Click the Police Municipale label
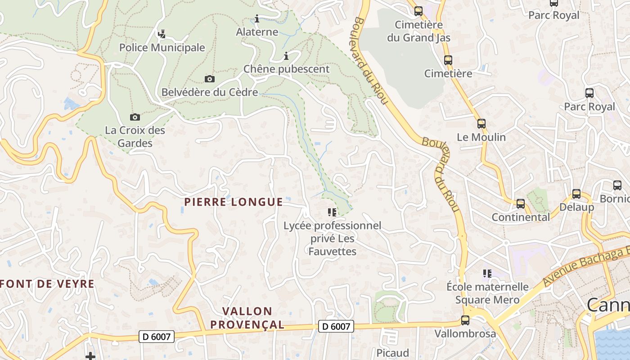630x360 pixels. point(162,48)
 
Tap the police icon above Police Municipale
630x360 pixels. point(162,33)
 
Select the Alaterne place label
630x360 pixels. point(257,32)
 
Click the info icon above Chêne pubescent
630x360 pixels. point(286,56)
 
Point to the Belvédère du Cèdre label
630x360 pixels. point(210,92)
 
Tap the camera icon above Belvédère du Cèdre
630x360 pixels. point(210,79)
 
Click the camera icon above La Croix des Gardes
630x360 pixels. point(135,117)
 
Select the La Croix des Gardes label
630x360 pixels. point(135,137)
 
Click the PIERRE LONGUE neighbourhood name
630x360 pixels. point(234,202)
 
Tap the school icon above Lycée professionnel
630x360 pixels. point(332,212)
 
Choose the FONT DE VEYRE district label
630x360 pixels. point(47,284)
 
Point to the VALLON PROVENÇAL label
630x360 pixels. point(247,318)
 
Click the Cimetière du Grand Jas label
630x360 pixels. point(419,31)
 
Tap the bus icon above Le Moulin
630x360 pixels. point(481,123)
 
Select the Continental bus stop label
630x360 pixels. point(521,217)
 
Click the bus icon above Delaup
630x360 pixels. point(576,194)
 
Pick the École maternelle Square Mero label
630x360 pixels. point(487,293)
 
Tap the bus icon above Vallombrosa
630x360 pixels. point(465,320)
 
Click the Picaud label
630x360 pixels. point(393,352)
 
